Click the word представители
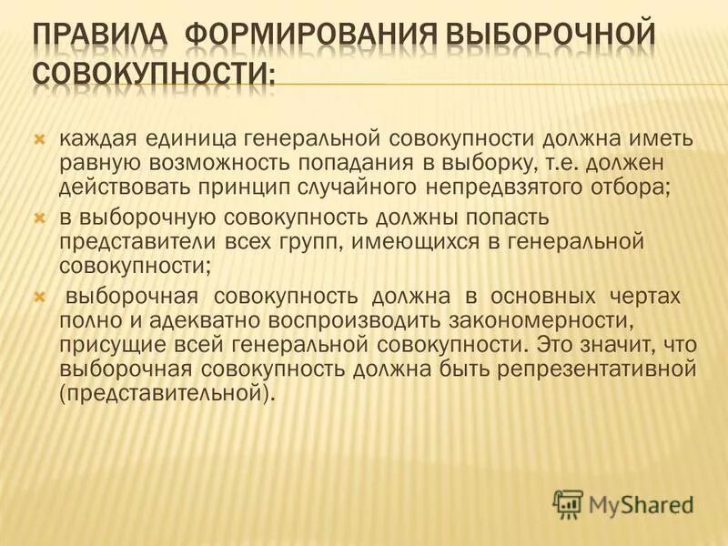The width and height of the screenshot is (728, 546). [x=133, y=245]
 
